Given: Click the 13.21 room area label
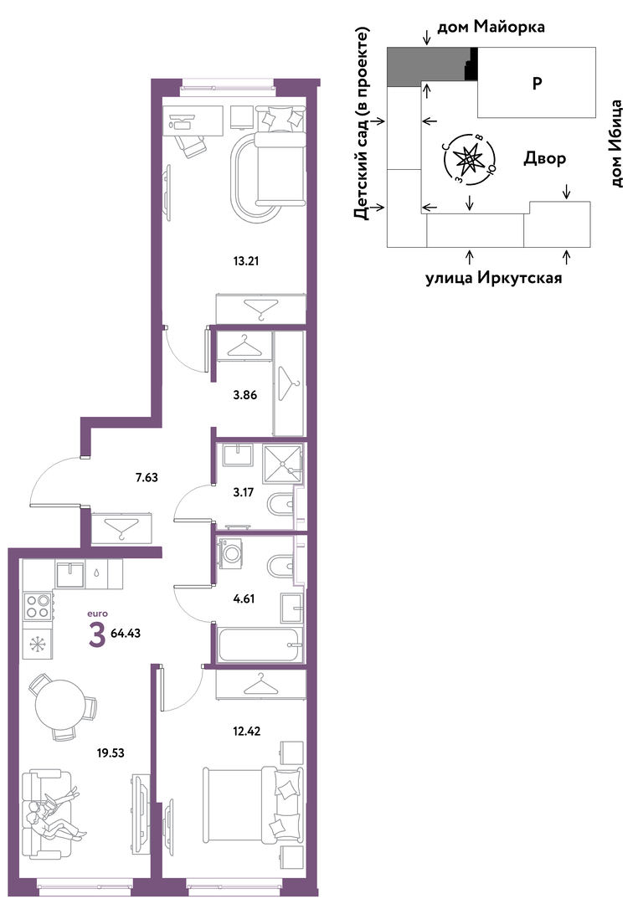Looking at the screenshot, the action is [x=245, y=261].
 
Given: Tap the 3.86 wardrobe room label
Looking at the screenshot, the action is [x=245, y=395].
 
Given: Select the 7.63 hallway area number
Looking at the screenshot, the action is [x=147, y=477].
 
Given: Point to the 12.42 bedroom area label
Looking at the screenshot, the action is [x=248, y=732].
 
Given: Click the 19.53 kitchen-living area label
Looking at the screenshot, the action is [x=111, y=753].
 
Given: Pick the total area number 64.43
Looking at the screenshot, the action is [x=126, y=633].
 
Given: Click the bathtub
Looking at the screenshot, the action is [x=260, y=645].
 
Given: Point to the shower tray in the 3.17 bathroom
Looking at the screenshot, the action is [x=283, y=464].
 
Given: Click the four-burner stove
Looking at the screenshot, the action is [x=38, y=606].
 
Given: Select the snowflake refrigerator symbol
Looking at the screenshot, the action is [x=39, y=644].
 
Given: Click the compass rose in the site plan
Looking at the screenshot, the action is [x=467, y=158].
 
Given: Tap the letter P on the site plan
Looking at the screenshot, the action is [x=537, y=84].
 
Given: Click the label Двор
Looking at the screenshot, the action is [x=544, y=158].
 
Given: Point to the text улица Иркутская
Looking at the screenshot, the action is [x=494, y=279].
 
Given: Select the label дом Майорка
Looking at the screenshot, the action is [x=491, y=27].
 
